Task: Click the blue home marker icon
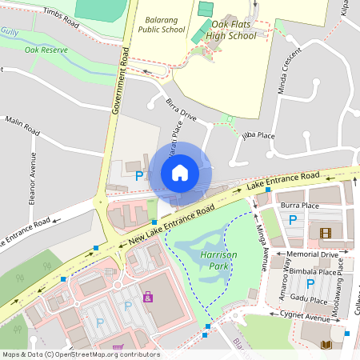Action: point(180,172)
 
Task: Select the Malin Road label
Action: point(22,123)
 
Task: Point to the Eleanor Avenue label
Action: point(33,180)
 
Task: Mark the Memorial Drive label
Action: point(312,254)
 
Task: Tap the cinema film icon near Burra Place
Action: point(325,233)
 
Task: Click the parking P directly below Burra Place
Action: point(292,219)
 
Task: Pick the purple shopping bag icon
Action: point(147,297)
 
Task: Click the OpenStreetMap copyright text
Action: point(80,354)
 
